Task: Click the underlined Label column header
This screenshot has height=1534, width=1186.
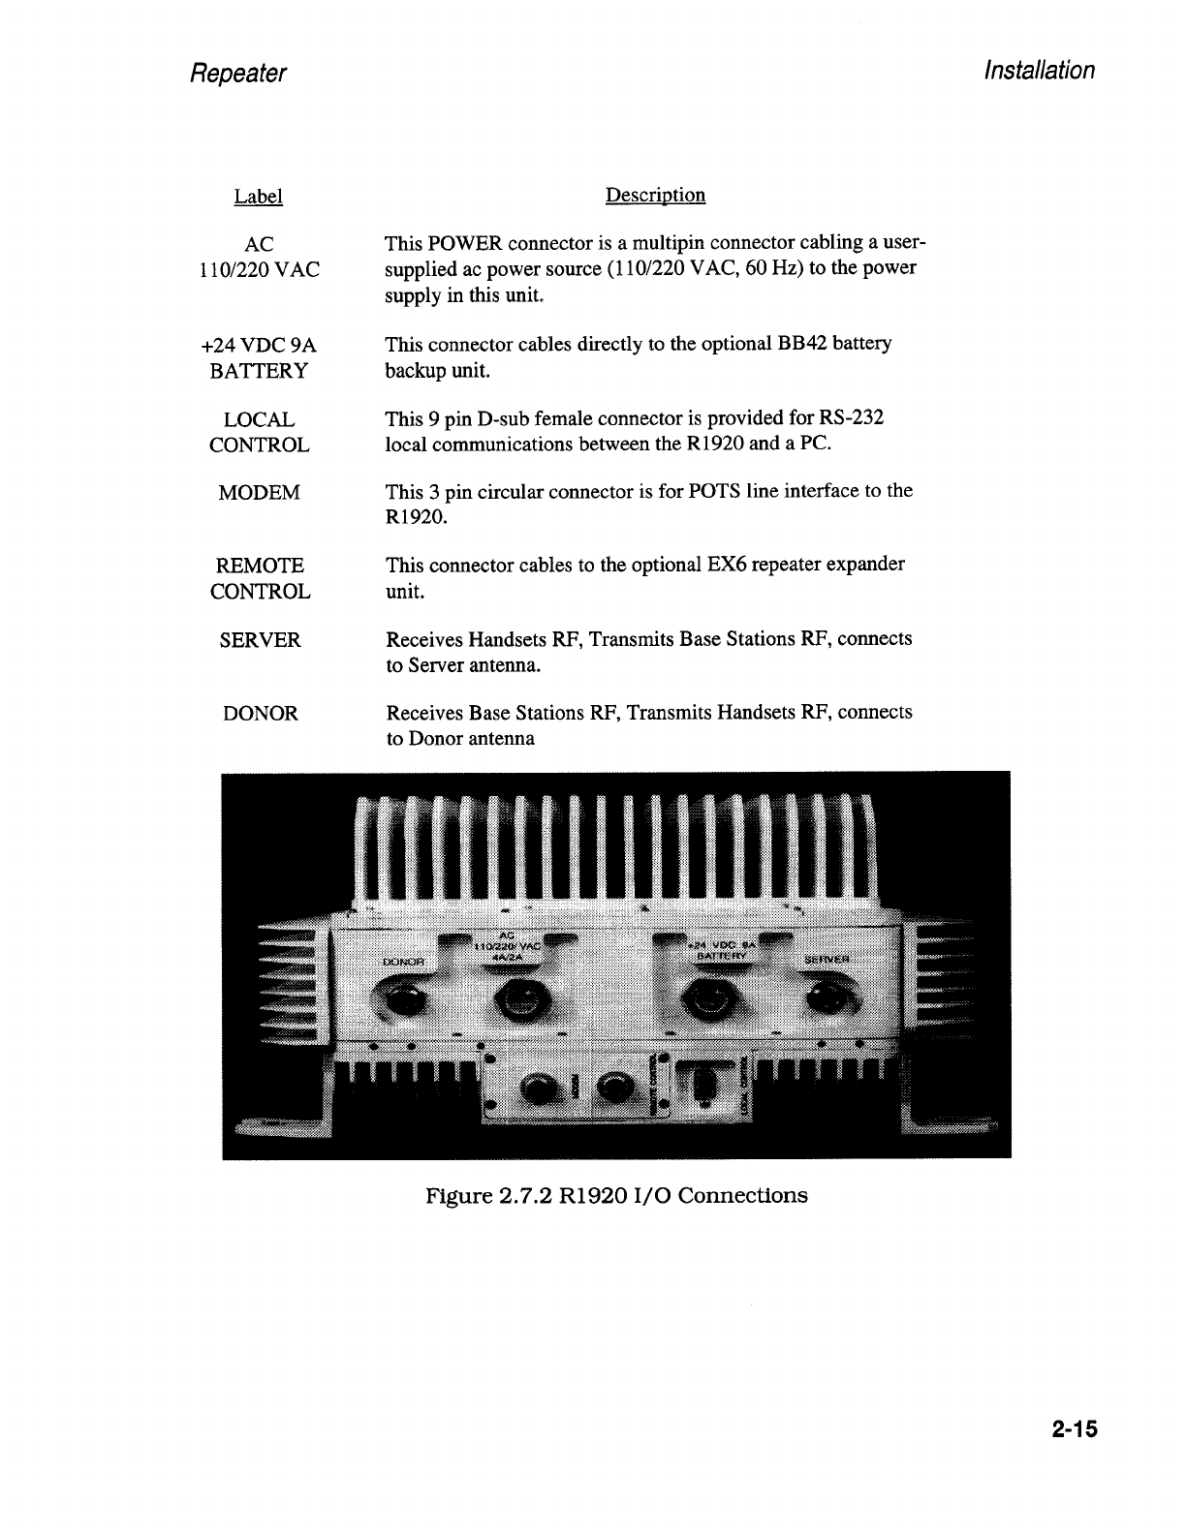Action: point(258,197)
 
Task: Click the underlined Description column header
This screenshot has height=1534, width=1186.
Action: point(655,196)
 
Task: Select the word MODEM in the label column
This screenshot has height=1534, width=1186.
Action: point(259,493)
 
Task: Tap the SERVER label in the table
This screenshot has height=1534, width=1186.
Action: point(260,640)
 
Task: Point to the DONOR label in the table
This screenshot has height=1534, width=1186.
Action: point(260,714)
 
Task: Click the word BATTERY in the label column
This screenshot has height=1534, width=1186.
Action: point(259,371)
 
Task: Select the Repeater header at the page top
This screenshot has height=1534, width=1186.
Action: point(238,74)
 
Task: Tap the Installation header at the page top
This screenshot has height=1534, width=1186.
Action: point(1039,71)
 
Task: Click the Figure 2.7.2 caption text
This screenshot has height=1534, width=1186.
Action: point(616,1195)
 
